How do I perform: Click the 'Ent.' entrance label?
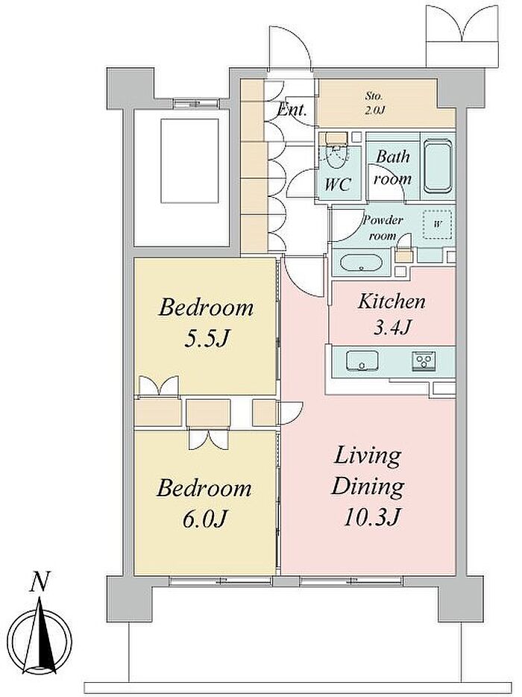coord(292,109)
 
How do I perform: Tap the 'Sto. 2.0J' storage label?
coord(374,103)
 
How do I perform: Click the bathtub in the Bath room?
coord(438,166)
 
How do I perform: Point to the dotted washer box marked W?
coord(437,224)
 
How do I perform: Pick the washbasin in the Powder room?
coord(361,262)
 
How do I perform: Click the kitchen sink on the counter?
coord(362,360)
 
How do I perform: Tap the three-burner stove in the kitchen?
coord(425,359)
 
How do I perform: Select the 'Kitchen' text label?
coord(391,301)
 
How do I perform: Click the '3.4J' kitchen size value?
coord(391,328)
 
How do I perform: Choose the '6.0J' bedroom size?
coord(205,517)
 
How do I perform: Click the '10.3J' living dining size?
coord(372,516)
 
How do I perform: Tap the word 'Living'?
coord(368,458)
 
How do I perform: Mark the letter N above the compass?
coord(40,582)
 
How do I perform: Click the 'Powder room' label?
coord(383,228)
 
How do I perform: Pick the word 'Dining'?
coord(368,487)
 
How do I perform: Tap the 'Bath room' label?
coord(393,168)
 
